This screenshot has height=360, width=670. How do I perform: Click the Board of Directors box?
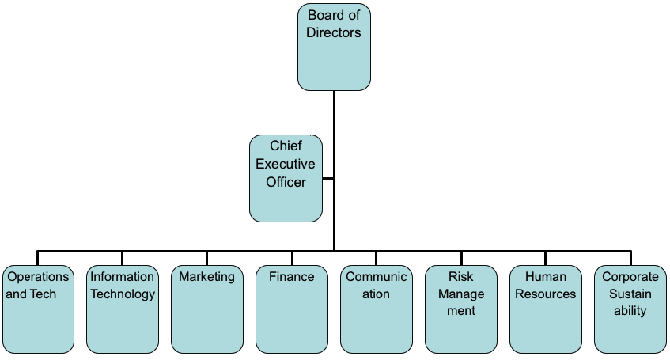pyautogui.click(x=334, y=47)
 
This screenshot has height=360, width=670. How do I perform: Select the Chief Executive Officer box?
pyautogui.click(x=286, y=178)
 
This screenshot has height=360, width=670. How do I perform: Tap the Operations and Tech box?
pyautogui.click(x=37, y=309)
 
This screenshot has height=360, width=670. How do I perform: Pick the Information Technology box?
pyautogui.click(x=122, y=309)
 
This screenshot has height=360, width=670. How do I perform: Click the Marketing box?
pyautogui.click(x=206, y=309)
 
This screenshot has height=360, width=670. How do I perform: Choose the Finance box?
pyautogui.click(x=291, y=309)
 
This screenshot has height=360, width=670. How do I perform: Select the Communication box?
pyautogui.click(x=376, y=309)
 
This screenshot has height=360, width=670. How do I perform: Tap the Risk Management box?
pyautogui.click(x=460, y=309)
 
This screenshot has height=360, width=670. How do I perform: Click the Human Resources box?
pyautogui.click(x=545, y=309)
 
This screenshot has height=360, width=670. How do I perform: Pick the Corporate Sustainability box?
pyautogui.click(x=630, y=309)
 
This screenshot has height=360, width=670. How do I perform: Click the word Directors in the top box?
pyautogui.click(x=334, y=33)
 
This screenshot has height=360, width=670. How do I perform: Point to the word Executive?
pyautogui.click(x=286, y=165)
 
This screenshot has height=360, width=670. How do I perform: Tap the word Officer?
pyautogui.click(x=286, y=182)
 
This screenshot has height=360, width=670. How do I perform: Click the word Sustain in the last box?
pyautogui.click(x=630, y=294)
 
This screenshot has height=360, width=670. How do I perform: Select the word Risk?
pyautogui.click(x=460, y=277)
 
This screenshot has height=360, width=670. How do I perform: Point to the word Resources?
pyautogui.click(x=545, y=294)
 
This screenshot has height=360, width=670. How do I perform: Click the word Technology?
pyautogui.click(x=122, y=294)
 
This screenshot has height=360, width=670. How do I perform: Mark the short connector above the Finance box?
pyautogui.click(x=291, y=258)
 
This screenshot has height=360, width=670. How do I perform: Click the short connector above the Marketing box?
pyautogui.click(x=206, y=258)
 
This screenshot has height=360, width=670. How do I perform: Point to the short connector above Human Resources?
pyautogui.click(x=545, y=258)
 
